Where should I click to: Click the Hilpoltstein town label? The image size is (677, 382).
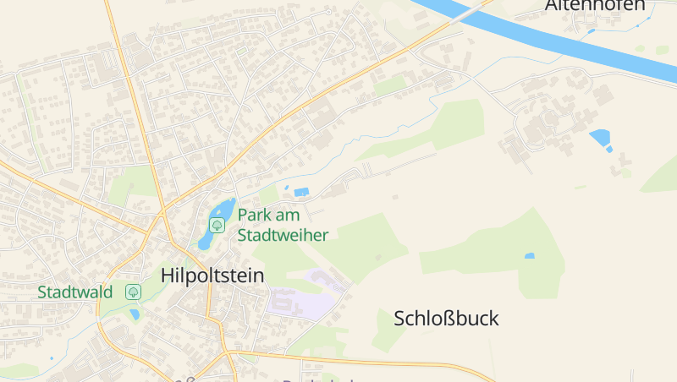212,276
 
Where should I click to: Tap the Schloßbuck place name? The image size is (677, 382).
446,319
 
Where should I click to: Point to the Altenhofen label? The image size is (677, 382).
595,5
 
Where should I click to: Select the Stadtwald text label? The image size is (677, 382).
75,292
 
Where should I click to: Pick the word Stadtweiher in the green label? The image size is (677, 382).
283,235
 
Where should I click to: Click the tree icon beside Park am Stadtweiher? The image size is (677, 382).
217,225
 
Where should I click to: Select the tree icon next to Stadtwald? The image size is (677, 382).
133,292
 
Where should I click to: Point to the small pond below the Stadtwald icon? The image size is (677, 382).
135,315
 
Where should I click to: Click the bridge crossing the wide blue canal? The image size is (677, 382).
471,11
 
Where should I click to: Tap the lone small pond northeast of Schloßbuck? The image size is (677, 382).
530,255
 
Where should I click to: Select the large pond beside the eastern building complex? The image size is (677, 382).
599,137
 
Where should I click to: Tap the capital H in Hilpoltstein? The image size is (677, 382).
168,276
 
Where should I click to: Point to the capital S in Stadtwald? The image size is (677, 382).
42,292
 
